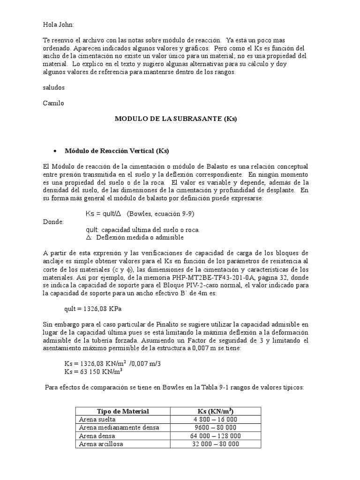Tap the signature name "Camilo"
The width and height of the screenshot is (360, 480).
point(53,103)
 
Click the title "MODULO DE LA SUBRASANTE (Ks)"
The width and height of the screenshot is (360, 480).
point(176,119)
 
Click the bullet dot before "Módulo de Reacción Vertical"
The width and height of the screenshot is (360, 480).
point(56,151)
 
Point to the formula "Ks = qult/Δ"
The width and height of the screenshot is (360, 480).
point(103,214)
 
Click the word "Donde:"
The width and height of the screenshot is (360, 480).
point(54,222)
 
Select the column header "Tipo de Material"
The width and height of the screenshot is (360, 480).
point(123,411)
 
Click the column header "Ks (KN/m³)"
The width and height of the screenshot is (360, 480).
point(216,411)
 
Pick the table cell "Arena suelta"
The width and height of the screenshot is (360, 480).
point(97,420)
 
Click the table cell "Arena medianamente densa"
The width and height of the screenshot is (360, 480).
point(119,427)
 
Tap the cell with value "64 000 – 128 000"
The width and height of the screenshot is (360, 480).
point(216,435)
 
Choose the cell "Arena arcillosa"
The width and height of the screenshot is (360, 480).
point(101,444)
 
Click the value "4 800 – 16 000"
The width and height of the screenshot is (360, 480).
point(216,420)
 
